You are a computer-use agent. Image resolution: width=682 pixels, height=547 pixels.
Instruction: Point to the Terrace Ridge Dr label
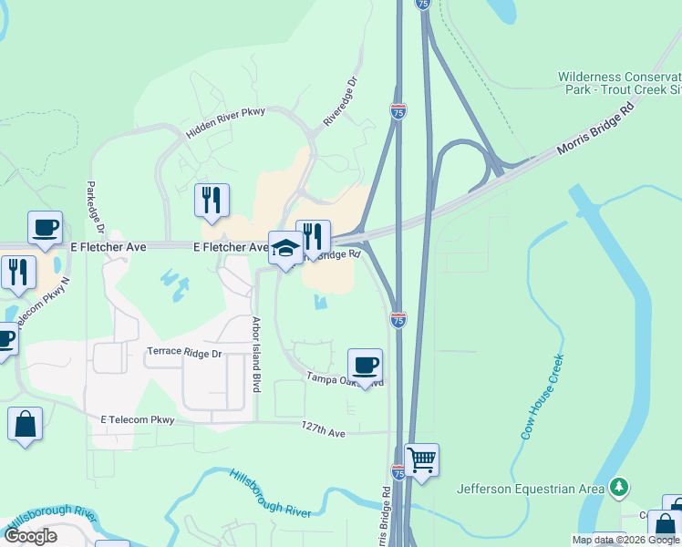(x=184, y=352)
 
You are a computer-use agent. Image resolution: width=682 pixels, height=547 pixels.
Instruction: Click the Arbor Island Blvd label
(x=257, y=354)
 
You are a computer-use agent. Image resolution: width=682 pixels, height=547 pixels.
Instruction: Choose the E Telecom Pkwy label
(x=137, y=419)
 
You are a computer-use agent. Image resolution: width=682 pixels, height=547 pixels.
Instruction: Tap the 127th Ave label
(x=324, y=432)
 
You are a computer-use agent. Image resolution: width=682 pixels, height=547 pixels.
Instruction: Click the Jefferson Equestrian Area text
(x=531, y=489)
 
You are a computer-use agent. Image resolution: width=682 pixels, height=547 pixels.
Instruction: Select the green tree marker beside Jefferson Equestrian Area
(x=620, y=486)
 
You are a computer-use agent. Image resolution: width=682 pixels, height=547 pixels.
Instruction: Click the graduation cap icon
(x=285, y=248)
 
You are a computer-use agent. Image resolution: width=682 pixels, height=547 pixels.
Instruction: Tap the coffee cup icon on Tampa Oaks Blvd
(x=366, y=365)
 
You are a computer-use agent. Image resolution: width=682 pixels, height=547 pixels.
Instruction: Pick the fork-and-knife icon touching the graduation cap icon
(x=313, y=237)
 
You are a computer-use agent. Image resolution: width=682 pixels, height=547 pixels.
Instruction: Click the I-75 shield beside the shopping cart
(x=398, y=471)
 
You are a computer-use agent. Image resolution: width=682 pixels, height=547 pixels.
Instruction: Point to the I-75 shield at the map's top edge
(x=422, y=5)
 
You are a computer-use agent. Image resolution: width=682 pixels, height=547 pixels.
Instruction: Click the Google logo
(x=30, y=535)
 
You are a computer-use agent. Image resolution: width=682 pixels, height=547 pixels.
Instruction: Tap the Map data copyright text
(x=625, y=540)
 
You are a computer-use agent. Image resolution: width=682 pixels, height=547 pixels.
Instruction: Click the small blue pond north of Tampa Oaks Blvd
(x=318, y=301)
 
